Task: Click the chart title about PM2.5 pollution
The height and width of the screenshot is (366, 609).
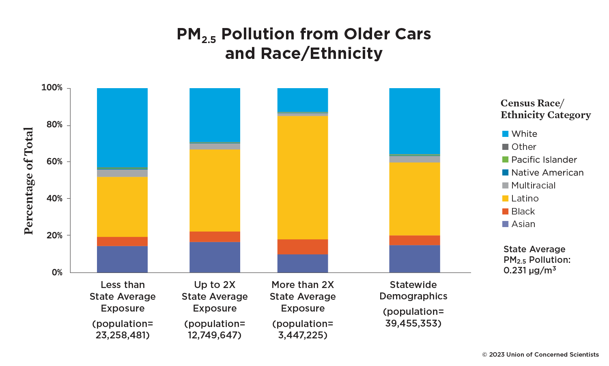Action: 303,43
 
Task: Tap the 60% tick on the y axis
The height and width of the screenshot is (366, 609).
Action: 54,162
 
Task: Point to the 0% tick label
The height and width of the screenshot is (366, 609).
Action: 57,273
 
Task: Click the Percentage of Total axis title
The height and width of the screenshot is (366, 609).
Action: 28,181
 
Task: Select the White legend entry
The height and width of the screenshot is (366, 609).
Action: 524,134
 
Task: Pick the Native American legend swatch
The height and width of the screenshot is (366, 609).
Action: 505,173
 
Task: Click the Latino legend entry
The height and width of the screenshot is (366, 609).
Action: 525,199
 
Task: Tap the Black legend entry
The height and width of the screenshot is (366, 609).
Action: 523,212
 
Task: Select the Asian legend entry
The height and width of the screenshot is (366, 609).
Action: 523,224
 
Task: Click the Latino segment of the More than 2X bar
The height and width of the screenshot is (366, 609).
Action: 303,178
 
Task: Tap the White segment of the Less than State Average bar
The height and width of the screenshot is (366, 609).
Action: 122,128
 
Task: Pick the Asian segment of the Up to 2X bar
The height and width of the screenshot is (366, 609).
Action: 215,257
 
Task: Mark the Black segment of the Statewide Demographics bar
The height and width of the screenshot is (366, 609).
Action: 414,240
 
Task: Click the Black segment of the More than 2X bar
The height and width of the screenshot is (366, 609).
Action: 303,247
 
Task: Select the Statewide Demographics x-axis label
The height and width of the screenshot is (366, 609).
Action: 413,290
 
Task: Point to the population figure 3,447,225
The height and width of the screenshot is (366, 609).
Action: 303,336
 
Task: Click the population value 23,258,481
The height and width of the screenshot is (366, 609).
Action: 123,336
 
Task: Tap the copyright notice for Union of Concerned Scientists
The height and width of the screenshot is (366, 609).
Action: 540,355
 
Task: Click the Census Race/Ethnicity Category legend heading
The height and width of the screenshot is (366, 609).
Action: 545,109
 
